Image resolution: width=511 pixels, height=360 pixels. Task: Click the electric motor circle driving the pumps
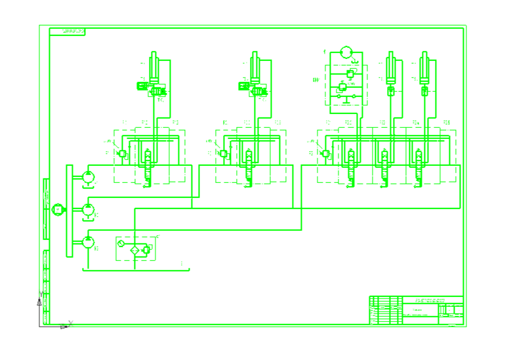point(58,209)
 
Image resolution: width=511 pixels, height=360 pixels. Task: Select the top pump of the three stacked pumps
point(89,176)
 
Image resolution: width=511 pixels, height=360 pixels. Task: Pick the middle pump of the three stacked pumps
point(89,209)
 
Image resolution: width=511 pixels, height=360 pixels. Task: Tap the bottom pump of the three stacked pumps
point(89,242)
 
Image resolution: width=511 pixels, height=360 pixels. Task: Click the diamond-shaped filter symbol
point(134,249)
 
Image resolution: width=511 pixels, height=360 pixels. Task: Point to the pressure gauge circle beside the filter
point(121,244)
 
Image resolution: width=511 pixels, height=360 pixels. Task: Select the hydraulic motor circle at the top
point(346,53)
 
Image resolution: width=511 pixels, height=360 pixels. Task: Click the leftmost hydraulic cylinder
point(155,66)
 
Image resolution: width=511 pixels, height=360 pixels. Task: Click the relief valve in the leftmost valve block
point(122,154)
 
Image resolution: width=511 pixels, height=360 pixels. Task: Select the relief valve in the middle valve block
point(223,154)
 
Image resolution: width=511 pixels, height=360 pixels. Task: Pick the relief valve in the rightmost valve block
point(325,154)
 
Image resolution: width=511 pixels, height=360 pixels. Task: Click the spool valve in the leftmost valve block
point(148,161)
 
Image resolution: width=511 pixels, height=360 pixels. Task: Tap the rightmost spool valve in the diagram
point(419,161)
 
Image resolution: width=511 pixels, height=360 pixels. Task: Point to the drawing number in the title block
point(429,300)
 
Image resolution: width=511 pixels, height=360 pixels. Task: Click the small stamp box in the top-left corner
point(73,31)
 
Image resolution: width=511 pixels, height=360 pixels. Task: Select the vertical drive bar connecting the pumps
point(69,211)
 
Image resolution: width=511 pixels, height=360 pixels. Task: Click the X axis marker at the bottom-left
point(70,323)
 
